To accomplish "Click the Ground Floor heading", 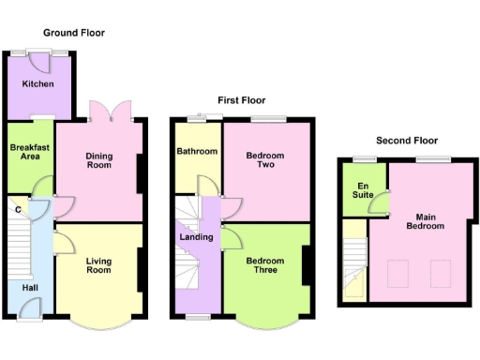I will [73, 33].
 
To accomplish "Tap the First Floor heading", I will [242, 100].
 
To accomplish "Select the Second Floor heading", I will [407, 141].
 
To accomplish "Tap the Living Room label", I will [98, 266].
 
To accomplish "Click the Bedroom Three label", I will [265, 266].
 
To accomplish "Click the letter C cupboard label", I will [18, 208].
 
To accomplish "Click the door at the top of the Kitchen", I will [40, 57].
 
